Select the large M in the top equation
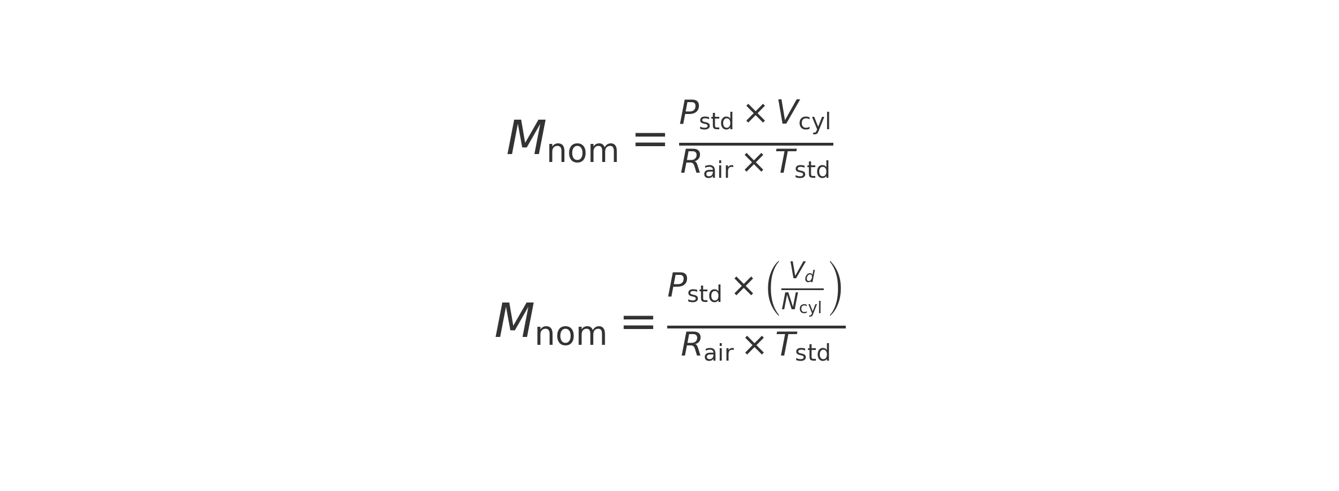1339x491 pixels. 527,138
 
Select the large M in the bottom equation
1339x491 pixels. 515,321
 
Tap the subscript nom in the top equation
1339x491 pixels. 582,151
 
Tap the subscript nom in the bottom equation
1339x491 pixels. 571,334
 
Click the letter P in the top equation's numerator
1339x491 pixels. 689,113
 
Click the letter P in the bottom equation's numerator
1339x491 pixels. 677,286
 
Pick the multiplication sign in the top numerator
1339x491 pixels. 755,114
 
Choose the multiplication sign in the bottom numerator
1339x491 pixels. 744,287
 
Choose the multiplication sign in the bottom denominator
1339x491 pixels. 754,346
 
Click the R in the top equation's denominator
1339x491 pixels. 691,163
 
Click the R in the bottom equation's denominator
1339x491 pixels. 692,345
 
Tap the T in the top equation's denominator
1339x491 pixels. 785,163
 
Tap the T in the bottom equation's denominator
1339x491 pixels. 786,345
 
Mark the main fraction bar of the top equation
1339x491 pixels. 756,144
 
